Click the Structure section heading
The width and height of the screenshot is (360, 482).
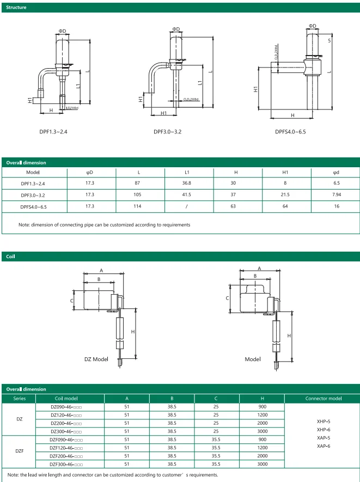16,8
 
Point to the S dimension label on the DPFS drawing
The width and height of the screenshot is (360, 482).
330,41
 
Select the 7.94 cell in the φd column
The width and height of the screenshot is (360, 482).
336,195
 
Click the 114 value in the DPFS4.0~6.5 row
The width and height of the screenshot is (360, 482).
138,207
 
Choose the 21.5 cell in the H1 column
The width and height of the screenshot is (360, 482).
285,195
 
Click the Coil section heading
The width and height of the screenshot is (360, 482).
11,256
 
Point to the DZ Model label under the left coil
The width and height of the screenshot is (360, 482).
96,359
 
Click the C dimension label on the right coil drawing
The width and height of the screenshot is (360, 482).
227,298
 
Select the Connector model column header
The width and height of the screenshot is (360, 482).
324,398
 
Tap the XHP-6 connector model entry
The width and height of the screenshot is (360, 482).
324,430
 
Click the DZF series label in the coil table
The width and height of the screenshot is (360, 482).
19,451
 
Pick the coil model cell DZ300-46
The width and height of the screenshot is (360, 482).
66,431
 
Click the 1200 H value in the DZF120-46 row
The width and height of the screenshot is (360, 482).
263,447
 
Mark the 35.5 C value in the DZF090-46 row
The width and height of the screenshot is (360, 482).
216,439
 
